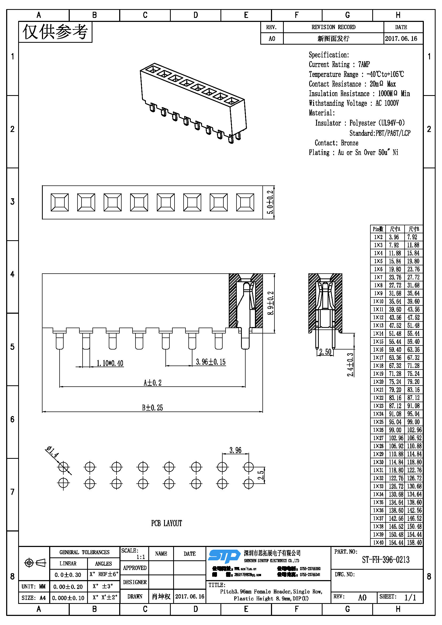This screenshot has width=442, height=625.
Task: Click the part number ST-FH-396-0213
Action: coord(385,560)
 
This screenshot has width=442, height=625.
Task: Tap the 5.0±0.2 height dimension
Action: coord(270,202)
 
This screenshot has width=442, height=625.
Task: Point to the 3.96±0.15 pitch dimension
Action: coord(211,362)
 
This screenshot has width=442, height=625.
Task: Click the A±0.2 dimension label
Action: coord(152,383)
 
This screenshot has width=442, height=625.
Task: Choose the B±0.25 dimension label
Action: coord(152,407)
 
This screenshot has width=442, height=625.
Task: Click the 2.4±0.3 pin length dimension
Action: coord(350,364)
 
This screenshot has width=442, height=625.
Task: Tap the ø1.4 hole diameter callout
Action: coord(52,452)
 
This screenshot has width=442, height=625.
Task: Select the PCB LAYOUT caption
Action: coord(166,523)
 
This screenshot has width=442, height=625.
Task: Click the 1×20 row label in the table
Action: coord(378,382)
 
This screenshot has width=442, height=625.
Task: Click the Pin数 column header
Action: coord(378,229)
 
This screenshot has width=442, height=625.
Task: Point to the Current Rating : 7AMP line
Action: coord(339,64)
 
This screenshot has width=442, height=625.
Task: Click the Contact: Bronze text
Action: coord(336,143)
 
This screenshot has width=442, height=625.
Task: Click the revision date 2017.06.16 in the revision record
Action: coord(401,39)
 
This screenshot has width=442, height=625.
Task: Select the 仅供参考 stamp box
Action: coord(55,32)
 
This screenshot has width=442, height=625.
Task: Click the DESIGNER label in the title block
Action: coord(135,582)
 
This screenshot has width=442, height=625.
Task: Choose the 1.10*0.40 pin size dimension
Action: coord(110,363)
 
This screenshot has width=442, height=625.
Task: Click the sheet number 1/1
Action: coord(410,597)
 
